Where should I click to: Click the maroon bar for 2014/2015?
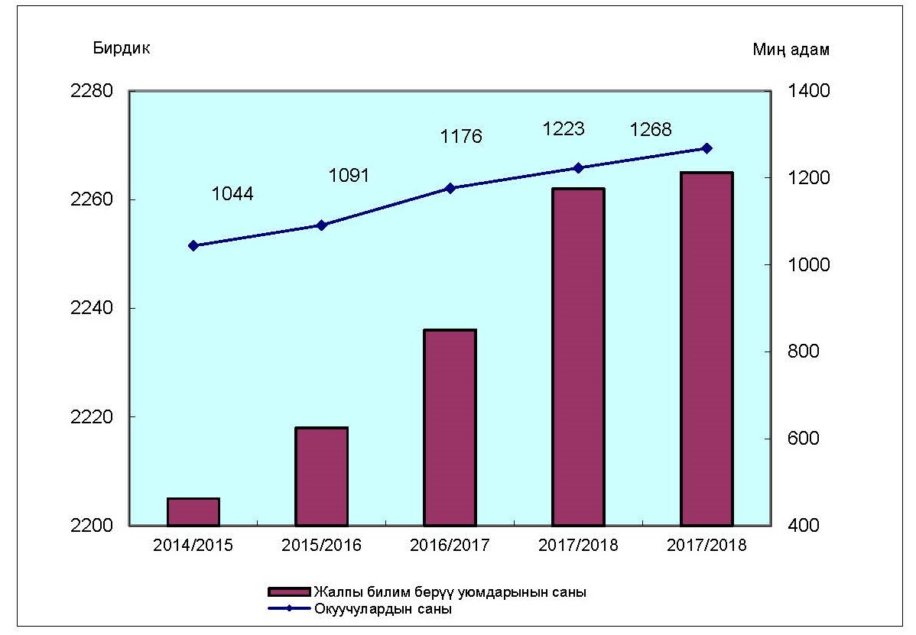click(193, 512)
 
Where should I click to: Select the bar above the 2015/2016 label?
click(322, 476)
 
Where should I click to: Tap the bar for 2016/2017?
click(450, 427)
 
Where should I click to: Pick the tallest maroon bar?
click(707, 348)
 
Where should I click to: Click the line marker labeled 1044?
click(193, 245)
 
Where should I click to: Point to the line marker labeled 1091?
click(322, 225)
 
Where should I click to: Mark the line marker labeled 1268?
click(707, 148)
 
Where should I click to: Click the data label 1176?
click(461, 137)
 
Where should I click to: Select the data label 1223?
click(564, 128)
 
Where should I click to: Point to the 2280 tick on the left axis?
click(91, 91)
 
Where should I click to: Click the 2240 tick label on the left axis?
click(91, 309)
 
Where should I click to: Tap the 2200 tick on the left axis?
click(91, 526)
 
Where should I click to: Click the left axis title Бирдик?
click(122, 48)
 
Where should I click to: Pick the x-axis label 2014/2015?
click(193, 546)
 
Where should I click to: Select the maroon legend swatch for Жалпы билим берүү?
click(289, 592)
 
